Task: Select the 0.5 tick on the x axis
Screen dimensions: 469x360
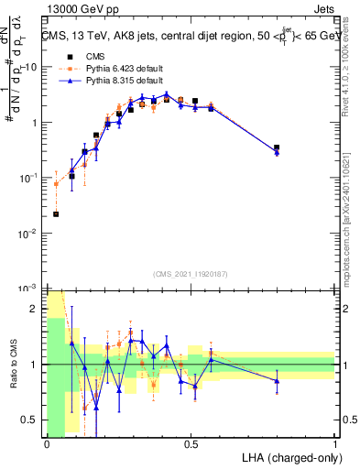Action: point(191,444)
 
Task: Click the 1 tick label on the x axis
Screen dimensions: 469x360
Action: point(335,444)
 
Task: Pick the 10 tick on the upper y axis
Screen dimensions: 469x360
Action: point(32,67)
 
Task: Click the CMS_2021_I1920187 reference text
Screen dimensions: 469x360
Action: point(191,273)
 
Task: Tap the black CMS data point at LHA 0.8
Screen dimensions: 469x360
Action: point(277,147)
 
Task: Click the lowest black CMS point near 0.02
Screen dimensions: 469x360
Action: point(56,214)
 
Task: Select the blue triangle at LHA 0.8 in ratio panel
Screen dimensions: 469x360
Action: point(277,381)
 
